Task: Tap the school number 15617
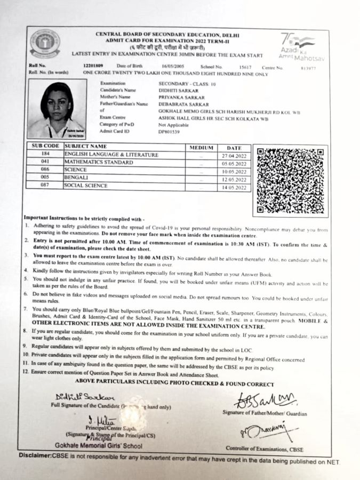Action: coord(245,67)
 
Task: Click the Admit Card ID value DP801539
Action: coord(169,131)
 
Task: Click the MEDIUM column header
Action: coord(201,147)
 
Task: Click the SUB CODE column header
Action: coord(45,146)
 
